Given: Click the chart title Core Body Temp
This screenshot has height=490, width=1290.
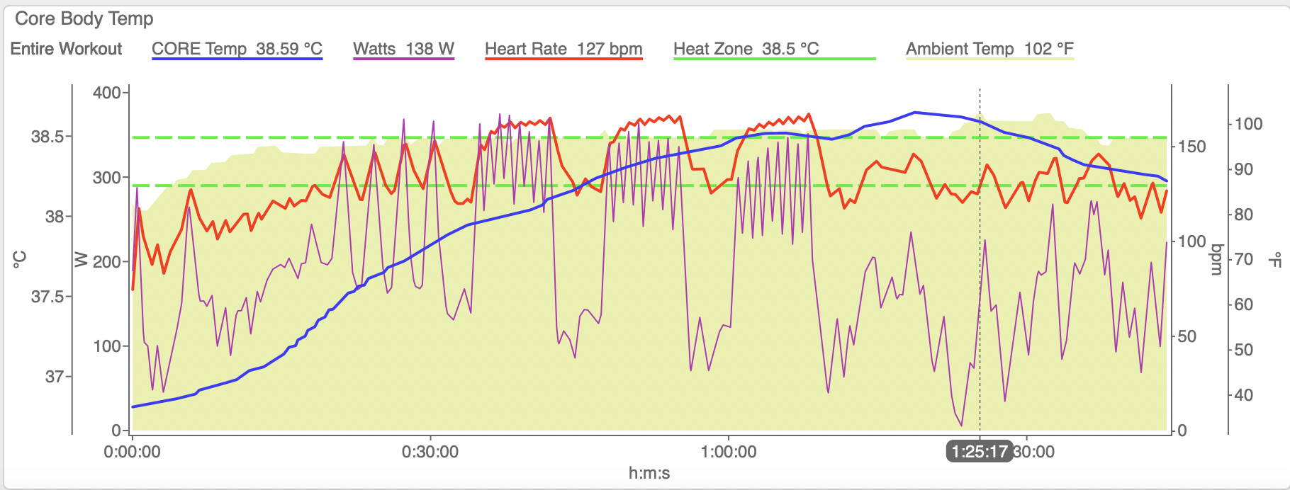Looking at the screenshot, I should [x=84, y=19].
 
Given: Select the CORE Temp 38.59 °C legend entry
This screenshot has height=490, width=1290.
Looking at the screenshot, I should [x=237, y=49].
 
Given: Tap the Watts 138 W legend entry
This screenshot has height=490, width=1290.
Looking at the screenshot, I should [x=403, y=49].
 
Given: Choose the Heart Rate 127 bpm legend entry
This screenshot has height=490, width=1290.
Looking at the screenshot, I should [x=563, y=49].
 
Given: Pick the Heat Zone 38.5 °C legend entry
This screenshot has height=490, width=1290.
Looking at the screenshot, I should [x=746, y=49].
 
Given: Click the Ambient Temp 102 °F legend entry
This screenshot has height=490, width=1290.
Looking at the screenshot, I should [x=989, y=49].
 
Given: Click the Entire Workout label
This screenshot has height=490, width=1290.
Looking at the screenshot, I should [x=66, y=49].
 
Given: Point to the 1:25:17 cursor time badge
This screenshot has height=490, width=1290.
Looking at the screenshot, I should [x=980, y=452].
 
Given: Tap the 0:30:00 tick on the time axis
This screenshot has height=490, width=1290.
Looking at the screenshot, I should [x=430, y=452].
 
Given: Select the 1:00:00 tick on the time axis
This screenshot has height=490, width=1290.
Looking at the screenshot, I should [x=729, y=452].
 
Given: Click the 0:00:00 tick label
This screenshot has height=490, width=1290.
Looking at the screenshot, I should [x=133, y=452].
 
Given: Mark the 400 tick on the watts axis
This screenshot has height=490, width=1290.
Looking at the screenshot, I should [x=107, y=93].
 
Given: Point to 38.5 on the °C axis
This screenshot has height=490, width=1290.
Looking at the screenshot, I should [x=47, y=137].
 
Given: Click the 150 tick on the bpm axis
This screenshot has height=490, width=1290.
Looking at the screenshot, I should [x=1191, y=147].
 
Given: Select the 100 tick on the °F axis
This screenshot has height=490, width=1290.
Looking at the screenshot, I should [x=1249, y=124].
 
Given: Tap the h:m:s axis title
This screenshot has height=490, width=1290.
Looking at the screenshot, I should [x=649, y=473].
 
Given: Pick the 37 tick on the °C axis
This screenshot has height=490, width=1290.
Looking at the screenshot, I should [x=55, y=377].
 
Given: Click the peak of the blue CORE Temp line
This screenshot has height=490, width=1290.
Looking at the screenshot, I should [x=915, y=112].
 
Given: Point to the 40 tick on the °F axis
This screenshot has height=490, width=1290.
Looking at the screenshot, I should [x=1244, y=395].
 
